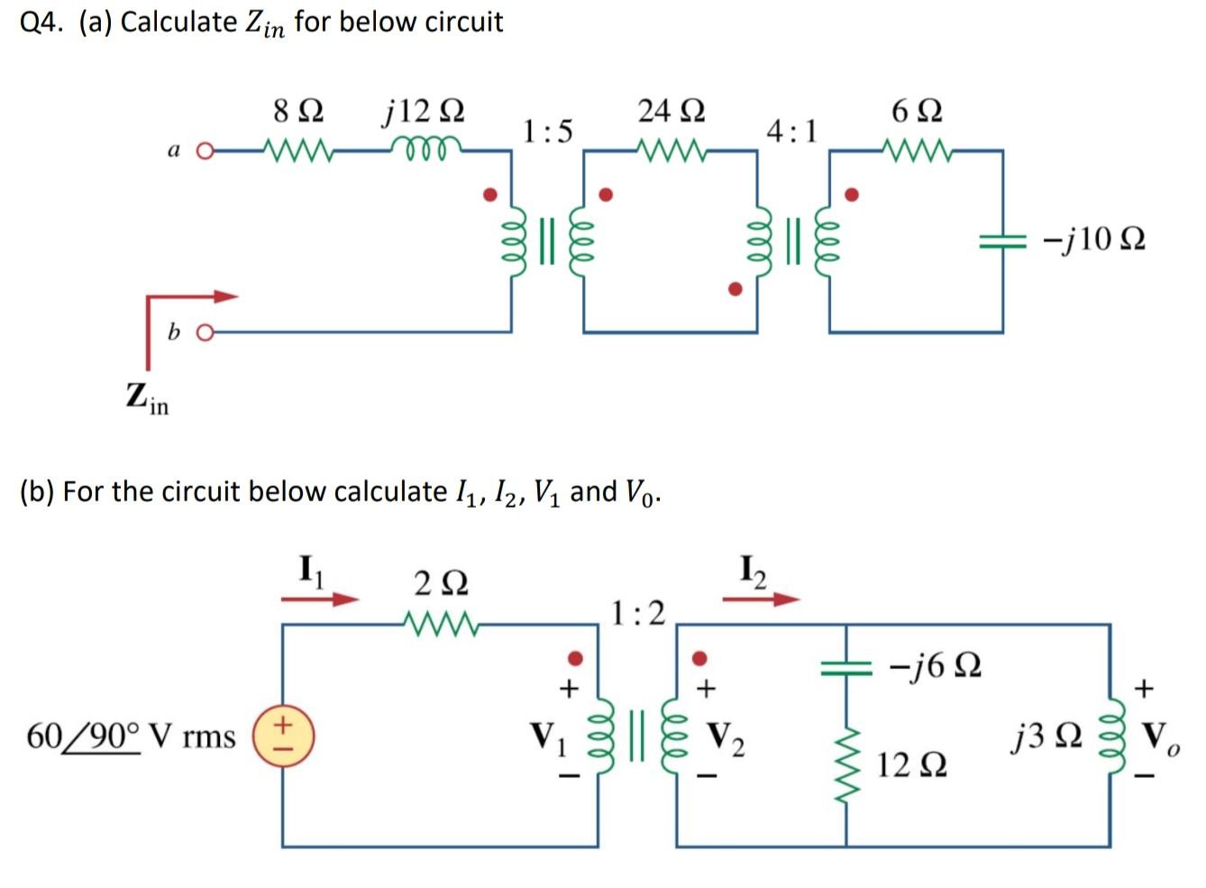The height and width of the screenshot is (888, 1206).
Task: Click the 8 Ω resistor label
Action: (297, 112)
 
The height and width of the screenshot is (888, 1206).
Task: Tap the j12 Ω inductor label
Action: (424, 112)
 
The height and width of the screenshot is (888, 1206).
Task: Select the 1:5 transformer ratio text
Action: (547, 132)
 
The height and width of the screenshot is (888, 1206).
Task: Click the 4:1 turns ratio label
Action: (791, 132)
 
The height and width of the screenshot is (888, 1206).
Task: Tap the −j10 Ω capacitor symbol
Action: (1002, 240)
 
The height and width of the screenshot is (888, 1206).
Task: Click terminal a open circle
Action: (205, 151)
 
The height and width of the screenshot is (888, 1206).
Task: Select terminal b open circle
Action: (205, 333)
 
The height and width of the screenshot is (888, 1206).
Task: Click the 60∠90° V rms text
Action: (131, 737)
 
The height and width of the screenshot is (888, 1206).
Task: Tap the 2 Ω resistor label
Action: (441, 584)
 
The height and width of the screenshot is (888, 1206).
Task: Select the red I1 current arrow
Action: (319, 599)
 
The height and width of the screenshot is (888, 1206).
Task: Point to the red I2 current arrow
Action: (761, 599)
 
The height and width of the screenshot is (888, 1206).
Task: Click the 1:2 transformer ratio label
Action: (637, 613)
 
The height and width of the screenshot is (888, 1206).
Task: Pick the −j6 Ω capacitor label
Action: (935, 666)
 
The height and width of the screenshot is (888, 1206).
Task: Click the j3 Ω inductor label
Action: (1046, 737)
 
